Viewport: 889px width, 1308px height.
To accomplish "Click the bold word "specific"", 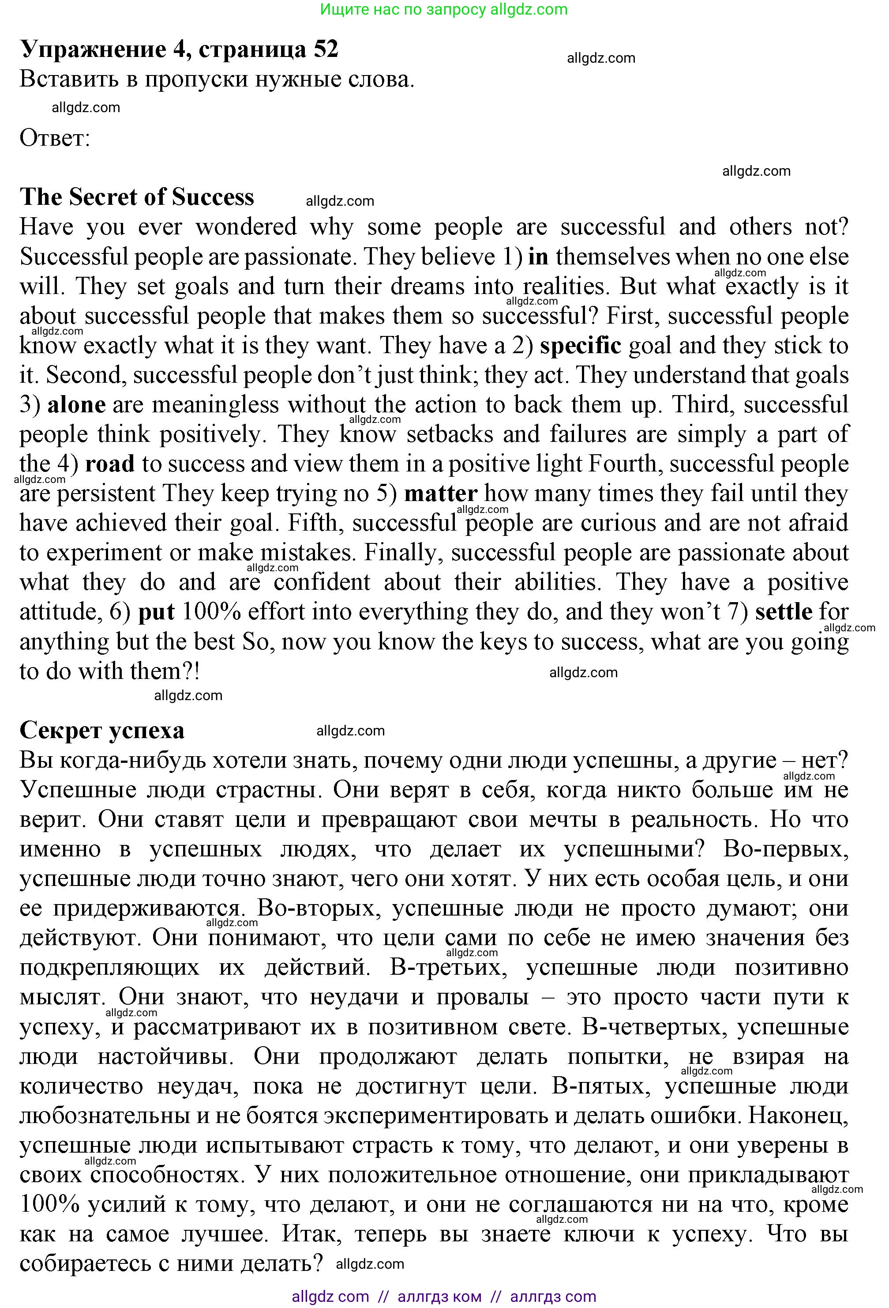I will pyautogui.click(x=580, y=346).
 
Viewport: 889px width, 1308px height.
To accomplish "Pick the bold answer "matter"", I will pyautogui.click(x=441, y=494).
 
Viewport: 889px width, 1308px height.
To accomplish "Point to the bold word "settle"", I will pyautogui.click(x=784, y=612).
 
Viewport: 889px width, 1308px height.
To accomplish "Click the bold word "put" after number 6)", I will pyautogui.click(x=157, y=612).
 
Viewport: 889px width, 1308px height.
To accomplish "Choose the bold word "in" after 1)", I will pyautogui.click(x=538, y=256).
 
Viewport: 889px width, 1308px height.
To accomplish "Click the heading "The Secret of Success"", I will pyautogui.click(x=137, y=197).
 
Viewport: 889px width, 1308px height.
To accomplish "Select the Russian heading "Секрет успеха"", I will pyautogui.click(x=102, y=730).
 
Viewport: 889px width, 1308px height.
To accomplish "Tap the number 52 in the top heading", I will pyautogui.click(x=326, y=49).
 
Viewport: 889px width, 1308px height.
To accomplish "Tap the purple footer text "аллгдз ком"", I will pyautogui.click(x=439, y=1297).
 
